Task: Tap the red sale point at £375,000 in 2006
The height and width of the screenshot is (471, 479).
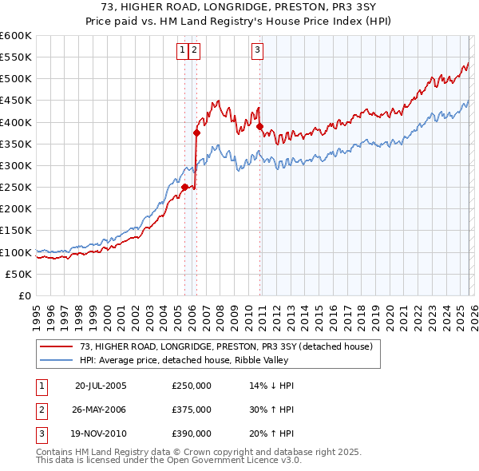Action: pos(196,133)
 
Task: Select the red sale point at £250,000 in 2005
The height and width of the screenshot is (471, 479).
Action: pos(184,188)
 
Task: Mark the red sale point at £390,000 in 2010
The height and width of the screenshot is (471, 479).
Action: pos(260,126)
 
